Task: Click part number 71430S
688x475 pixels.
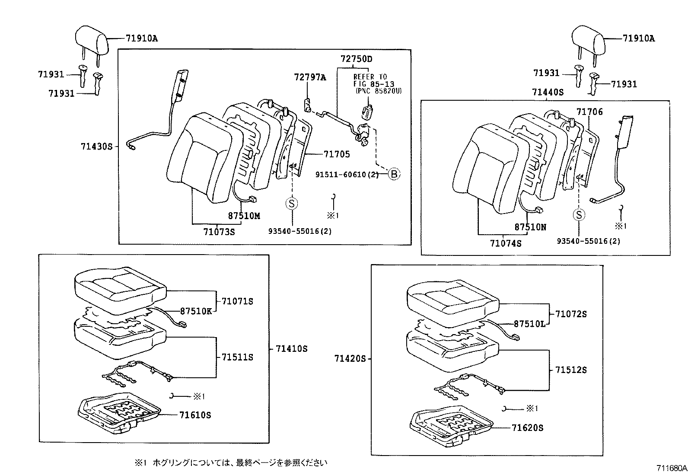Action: pyautogui.click(x=96, y=147)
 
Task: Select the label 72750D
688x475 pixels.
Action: pyautogui.click(x=357, y=59)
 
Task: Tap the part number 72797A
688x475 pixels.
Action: pyautogui.click(x=310, y=77)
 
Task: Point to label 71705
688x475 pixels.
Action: pyautogui.click(x=337, y=154)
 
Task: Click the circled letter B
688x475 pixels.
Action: pyautogui.click(x=394, y=174)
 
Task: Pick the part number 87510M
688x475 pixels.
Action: pyautogui.click(x=244, y=216)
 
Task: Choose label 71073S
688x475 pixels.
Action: pyautogui.click(x=219, y=232)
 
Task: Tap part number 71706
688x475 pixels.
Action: pyautogui.click(x=589, y=112)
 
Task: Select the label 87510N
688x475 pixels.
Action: pyautogui.click(x=530, y=227)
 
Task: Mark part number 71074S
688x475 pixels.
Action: pyautogui.click(x=506, y=244)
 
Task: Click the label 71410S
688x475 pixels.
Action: pyautogui.click(x=291, y=349)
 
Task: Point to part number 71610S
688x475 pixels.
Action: pyautogui.click(x=195, y=415)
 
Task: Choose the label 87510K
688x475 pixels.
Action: pyautogui.click(x=196, y=311)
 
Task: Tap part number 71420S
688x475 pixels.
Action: pyautogui.click(x=350, y=358)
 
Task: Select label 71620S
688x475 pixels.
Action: pyautogui.click(x=528, y=428)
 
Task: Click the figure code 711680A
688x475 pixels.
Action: pyautogui.click(x=672, y=468)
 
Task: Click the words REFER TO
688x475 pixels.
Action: pyautogui.click(x=370, y=77)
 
